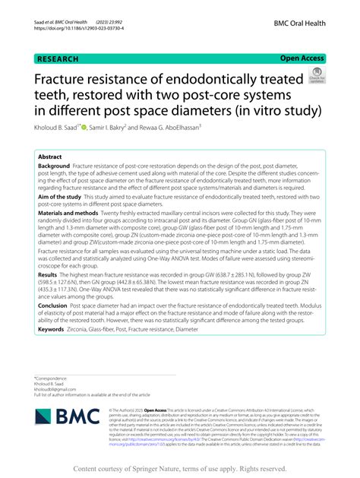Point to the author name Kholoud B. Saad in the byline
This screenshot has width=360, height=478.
click(58, 127)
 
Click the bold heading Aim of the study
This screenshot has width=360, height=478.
click(65, 196)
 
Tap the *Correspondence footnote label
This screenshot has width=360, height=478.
click(52, 378)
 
